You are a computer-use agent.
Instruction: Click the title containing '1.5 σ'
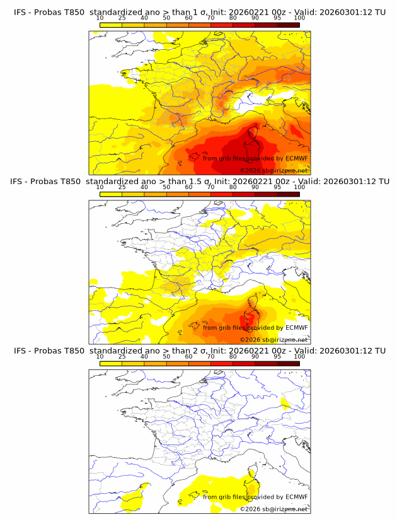click(x=198, y=182)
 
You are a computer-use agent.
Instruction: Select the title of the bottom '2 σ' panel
click(x=198, y=351)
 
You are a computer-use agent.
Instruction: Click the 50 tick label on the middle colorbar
click(x=166, y=187)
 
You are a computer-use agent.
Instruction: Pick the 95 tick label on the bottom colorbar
click(x=277, y=357)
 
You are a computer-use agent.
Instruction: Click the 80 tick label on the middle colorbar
click(x=233, y=187)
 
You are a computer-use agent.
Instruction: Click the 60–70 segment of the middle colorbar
click(x=200, y=194)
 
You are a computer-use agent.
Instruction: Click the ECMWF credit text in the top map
click(x=255, y=158)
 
